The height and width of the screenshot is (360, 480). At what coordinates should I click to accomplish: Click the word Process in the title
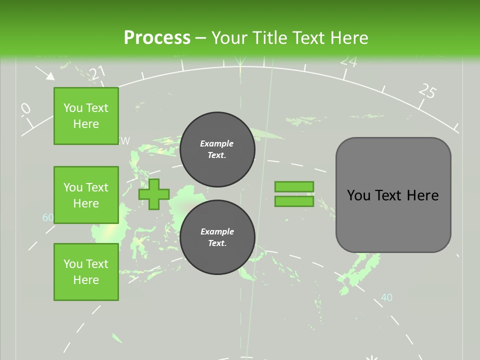pyautogui.click(x=157, y=37)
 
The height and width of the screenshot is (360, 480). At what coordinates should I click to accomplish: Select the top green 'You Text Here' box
pyautogui.click(x=86, y=116)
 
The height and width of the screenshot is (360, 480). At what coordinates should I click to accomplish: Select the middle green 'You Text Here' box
pyautogui.click(x=86, y=195)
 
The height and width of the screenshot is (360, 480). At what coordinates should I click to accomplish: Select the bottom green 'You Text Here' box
pyautogui.click(x=86, y=272)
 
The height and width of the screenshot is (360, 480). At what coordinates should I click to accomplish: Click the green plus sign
pyautogui.click(x=154, y=194)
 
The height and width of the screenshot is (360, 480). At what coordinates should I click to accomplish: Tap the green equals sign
pyautogui.click(x=294, y=194)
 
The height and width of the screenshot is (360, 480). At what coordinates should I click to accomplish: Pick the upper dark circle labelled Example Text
pyautogui.click(x=217, y=149)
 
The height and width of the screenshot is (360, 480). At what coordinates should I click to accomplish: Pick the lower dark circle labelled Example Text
pyautogui.click(x=217, y=237)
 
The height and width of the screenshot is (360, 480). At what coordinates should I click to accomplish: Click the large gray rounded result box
pyautogui.click(x=393, y=195)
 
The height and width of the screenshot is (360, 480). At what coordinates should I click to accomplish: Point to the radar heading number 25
pyautogui.click(x=427, y=91)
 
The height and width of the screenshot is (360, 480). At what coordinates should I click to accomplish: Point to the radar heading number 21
pyautogui.click(x=98, y=73)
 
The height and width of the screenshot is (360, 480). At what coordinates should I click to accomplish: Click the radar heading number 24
pyautogui.click(x=348, y=61)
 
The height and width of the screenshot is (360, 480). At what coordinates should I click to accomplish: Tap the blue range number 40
pyautogui.click(x=386, y=297)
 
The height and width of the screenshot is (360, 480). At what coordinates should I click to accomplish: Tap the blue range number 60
pyautogui.click(x=47, y=217)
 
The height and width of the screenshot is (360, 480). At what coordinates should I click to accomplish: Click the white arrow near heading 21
pyautogui.click(x=46, y=73)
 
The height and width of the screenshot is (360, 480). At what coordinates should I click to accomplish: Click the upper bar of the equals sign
pyautogui.click(x=294, y=186)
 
